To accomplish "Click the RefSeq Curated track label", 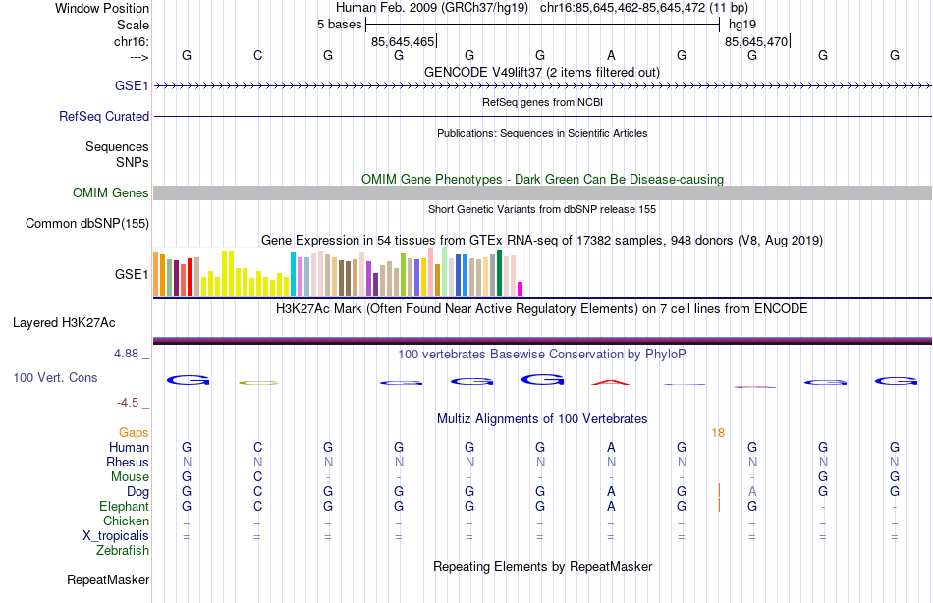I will tap(104, 116).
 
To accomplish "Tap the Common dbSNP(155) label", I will tap(86, 224).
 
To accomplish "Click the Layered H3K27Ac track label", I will tap(64, 322).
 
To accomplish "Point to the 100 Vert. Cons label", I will tap(55, 378).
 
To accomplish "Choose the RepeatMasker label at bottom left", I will tap(107, 580).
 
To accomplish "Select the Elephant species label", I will tap(124, 507).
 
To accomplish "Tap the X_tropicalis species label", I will tap(116, 536).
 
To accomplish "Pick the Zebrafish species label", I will tap(123, 551).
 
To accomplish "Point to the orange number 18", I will tap(718, 433).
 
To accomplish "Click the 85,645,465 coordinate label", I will tap(402, 42).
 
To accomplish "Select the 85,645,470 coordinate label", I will tap(755, 42).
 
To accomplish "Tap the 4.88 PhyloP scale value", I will tap(132, 354).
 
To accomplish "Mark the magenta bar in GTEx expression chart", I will tap(520, 289).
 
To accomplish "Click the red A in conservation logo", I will tap(611, 382).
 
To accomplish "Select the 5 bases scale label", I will tap(339, 24).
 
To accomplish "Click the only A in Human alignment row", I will tap(611, 448).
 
